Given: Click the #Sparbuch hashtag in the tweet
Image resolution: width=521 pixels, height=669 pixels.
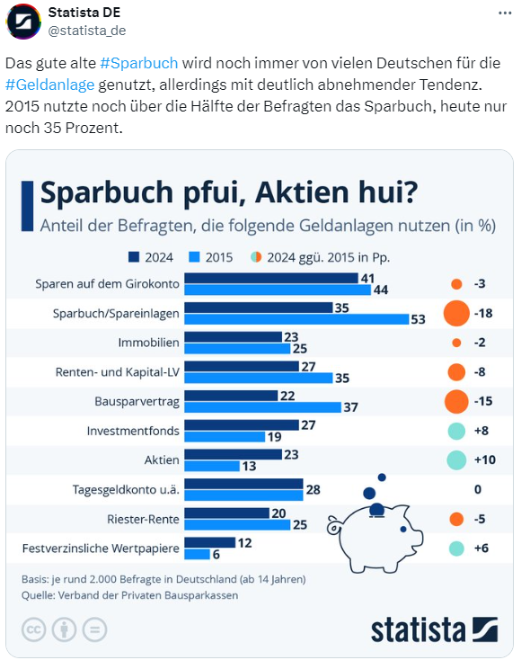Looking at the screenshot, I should tap(139, 63).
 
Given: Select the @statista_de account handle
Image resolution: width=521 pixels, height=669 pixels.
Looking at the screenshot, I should tap(86, 31).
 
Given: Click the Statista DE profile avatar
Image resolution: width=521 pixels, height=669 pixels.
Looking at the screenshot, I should tap(23, 22).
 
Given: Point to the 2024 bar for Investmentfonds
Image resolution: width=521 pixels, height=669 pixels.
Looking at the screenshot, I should tap(242, 424).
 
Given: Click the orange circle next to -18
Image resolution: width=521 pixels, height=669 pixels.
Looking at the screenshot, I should tap(456, 313).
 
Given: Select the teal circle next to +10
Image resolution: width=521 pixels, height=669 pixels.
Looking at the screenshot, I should tap(456, 460).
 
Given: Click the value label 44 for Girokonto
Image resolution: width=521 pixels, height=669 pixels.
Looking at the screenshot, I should tap(380, 290).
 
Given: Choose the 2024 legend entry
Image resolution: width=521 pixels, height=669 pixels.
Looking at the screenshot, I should tap(151, 257).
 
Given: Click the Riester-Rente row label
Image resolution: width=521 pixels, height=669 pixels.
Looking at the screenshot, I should tap(143, 519).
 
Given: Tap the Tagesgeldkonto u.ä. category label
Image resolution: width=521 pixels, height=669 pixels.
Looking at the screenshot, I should tap(126, 489).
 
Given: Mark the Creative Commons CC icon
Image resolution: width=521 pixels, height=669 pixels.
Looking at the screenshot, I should tap(33, 629).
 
